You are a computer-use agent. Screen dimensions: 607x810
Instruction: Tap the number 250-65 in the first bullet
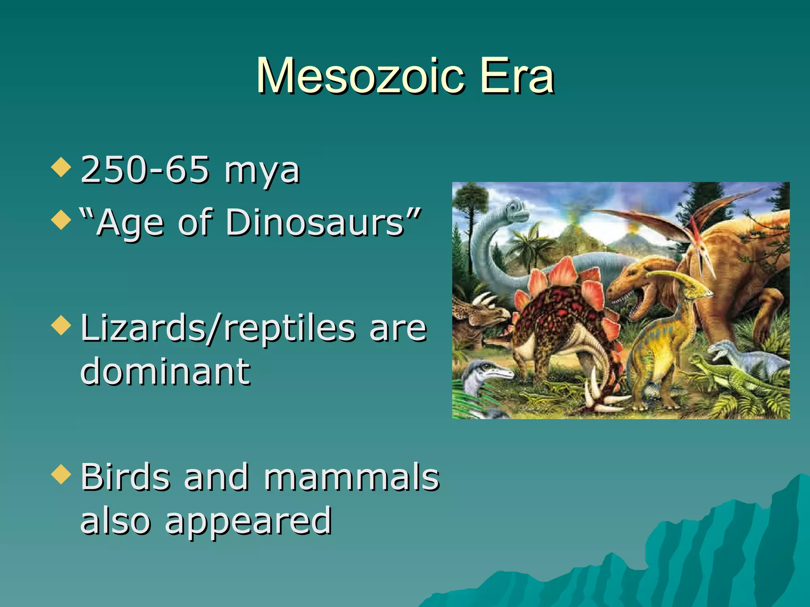[144, 170]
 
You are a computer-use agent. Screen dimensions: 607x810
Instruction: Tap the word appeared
[248, 522]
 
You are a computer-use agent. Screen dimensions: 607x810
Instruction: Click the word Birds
[126, 477]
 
